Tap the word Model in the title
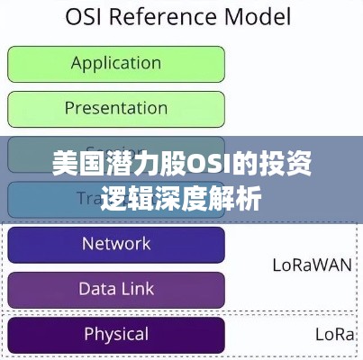click(x=259, y=17)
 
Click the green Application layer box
click(x=115, y=64)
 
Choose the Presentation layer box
click(x=115, y=109)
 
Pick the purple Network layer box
click(x=115, y=244)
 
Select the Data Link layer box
click(x=115, y=290)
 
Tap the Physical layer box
click(x=115, y=335)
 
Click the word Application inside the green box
click(x=115, y=63)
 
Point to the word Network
click(x=115, y=243)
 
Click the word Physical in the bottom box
click(x=115, y=334)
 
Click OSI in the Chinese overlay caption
click(x=196, y=165)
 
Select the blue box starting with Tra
click(x=115, y=199)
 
